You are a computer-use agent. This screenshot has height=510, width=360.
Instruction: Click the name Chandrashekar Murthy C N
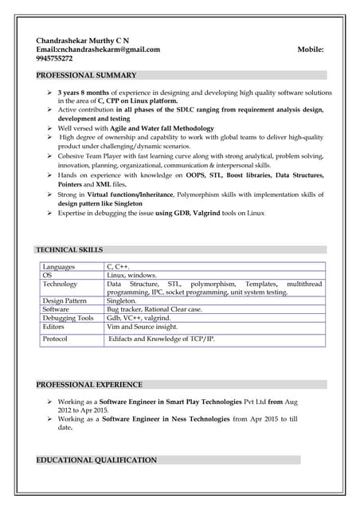83,40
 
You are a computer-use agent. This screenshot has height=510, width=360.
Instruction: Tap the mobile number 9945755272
54,59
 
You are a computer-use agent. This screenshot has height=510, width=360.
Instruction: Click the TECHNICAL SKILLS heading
69,250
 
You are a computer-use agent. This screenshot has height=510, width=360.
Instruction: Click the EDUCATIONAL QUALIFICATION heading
96,461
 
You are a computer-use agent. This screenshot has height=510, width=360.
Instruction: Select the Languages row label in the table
60,267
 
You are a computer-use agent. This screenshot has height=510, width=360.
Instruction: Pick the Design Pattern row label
65,301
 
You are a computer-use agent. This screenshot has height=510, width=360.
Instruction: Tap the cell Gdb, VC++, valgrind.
139,318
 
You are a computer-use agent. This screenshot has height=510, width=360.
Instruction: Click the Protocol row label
55,339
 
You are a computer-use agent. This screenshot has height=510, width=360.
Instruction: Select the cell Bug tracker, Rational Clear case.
155,309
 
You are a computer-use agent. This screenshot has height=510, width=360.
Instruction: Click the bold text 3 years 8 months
86,93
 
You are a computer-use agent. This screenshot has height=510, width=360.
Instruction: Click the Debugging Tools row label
68,318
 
